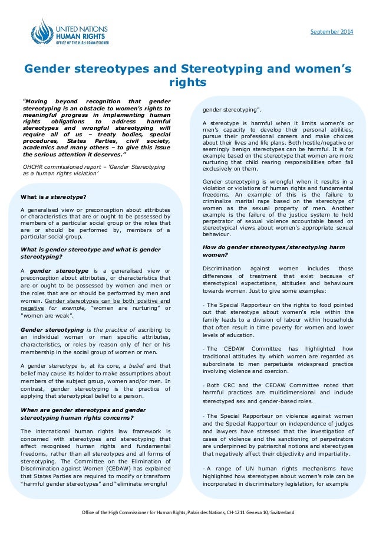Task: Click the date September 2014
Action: (331, 31)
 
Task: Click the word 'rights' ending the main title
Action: (187, 82)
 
